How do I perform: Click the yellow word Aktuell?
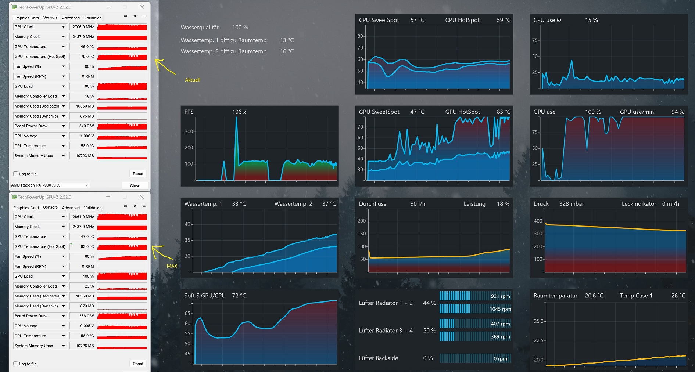click(x=193, y=80)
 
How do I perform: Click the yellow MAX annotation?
click(x=172, y=266)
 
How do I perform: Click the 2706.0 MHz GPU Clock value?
click(x=83, y=27)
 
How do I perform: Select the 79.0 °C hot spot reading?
click(x=87, y=57)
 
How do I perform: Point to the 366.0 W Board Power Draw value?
click(x=86, y=316)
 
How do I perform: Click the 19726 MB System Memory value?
click(x=85, y=346)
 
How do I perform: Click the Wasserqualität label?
click(x=200, y=28)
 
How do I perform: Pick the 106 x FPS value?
click(x=239, y=112)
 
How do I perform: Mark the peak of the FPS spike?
click(x=236, y=117)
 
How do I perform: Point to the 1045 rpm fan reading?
click(x=500, y=309)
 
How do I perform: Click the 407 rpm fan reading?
click(x=500, y=324)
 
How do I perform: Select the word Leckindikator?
click(x=639, y=204)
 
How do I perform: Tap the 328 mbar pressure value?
click(x=572, y=204)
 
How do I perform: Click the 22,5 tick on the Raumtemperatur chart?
click(x=538, y=340)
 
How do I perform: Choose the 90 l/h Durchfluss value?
click(x=418, y=204)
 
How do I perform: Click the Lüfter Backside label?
click(x=379, y=358)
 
